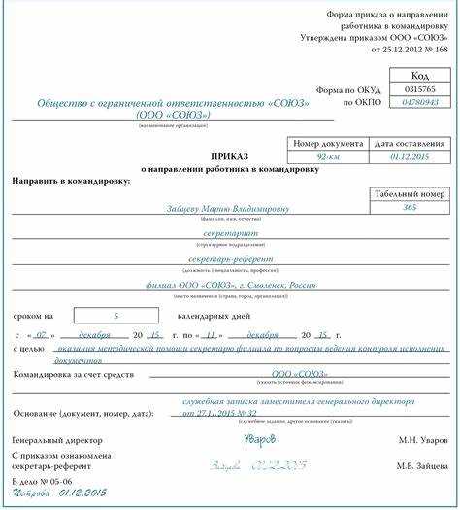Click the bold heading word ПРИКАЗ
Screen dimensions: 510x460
(x=229, y=156)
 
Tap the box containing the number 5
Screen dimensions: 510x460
(x=115, y=315)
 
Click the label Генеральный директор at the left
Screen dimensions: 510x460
(x=54, y=440)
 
